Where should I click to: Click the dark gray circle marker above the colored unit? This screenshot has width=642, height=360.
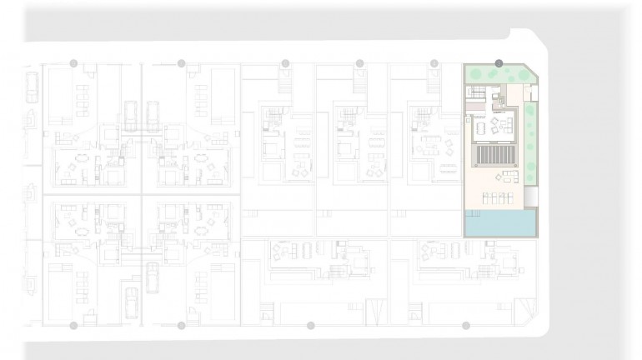click(499, 62)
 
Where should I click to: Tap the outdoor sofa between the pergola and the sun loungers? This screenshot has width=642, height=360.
click(506, 176)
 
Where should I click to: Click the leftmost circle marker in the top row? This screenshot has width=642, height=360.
click(73, 62)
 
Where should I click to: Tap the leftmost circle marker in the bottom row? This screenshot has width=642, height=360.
click(73, 325)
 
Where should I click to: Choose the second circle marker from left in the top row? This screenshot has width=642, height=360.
click(181, 62)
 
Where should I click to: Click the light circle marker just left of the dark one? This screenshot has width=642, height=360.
click(434, 62)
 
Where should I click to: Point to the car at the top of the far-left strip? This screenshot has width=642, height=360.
click(32, 87)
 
